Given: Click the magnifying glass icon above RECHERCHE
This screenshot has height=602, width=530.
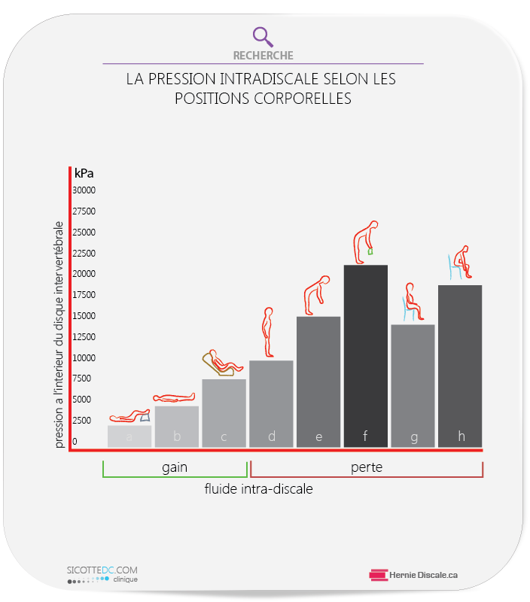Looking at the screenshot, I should click(263, 36).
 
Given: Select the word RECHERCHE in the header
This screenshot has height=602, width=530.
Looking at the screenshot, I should click(263, 56).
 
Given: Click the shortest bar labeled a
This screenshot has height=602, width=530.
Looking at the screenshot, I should click(129, 436).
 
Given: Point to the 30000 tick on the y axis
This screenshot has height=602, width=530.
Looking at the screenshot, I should click(84, 190).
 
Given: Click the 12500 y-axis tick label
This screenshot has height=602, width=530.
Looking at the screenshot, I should click(84, 316).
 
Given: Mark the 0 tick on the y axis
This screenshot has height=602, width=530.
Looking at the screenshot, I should click(75, 442).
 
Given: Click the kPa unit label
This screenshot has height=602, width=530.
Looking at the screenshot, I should click(84, 173).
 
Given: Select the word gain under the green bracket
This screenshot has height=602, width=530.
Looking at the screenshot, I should click(175, 467).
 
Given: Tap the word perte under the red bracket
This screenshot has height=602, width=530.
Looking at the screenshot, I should click(367, 467).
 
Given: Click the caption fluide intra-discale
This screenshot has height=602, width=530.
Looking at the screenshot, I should click(258, 489).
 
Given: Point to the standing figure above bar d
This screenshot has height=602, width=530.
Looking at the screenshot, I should click(267, 332).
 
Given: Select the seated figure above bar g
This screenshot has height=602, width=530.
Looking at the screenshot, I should click(411, 303).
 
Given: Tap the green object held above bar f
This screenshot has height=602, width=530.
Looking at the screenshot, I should click(371, 251).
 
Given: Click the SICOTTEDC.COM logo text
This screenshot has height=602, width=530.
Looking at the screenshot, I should click(102, 571).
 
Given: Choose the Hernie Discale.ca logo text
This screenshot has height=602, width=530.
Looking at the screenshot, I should click(424, 575).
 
